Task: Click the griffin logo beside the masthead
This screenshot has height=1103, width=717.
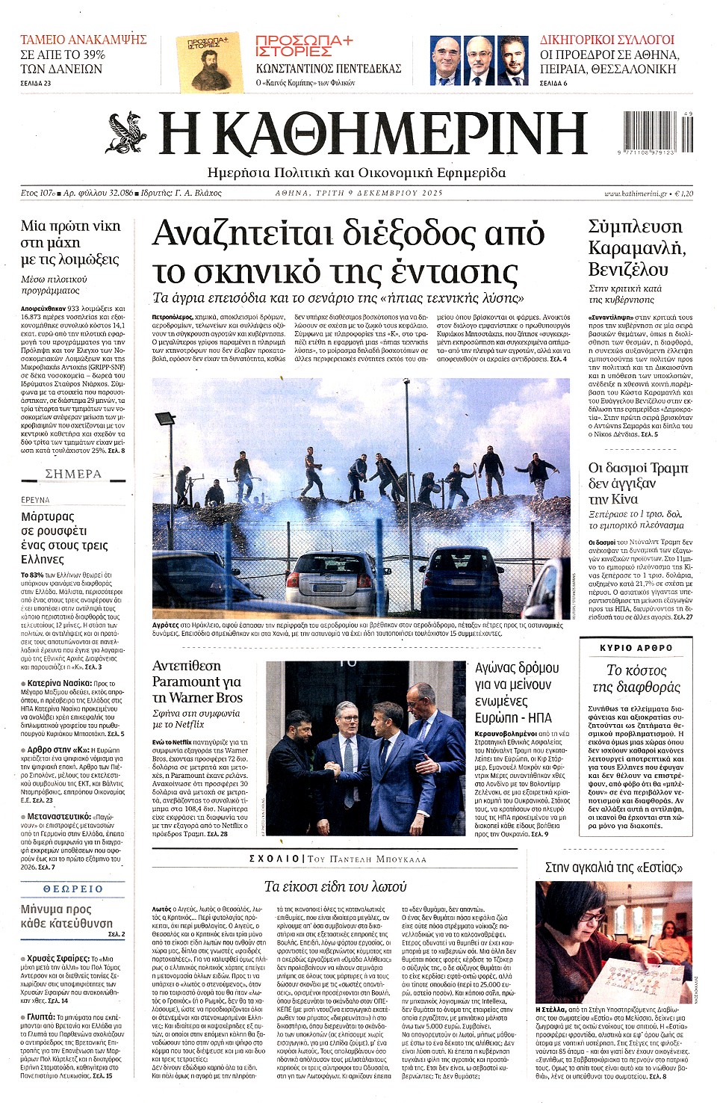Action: point(128,132)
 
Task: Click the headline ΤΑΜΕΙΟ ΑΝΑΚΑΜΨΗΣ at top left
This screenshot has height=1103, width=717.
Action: point(83,40)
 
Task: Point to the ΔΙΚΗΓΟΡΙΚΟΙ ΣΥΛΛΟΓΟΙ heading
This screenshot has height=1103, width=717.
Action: point(606,40)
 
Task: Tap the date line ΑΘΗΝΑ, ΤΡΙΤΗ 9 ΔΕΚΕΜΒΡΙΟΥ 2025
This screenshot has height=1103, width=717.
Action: point(358,193)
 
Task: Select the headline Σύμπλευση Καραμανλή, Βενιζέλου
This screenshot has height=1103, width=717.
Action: point(636,247)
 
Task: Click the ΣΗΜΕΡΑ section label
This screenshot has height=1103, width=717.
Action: point(73,474)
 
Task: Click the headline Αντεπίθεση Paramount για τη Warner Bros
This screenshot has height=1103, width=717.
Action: point(197,682)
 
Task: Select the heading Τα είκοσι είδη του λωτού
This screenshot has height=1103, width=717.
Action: point(335,886)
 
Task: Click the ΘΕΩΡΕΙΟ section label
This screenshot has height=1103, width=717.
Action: point(73,889)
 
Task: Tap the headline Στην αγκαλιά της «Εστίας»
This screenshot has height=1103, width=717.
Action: point(613,868)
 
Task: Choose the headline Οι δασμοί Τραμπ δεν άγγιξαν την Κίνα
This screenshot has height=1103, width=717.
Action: point(638,483)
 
